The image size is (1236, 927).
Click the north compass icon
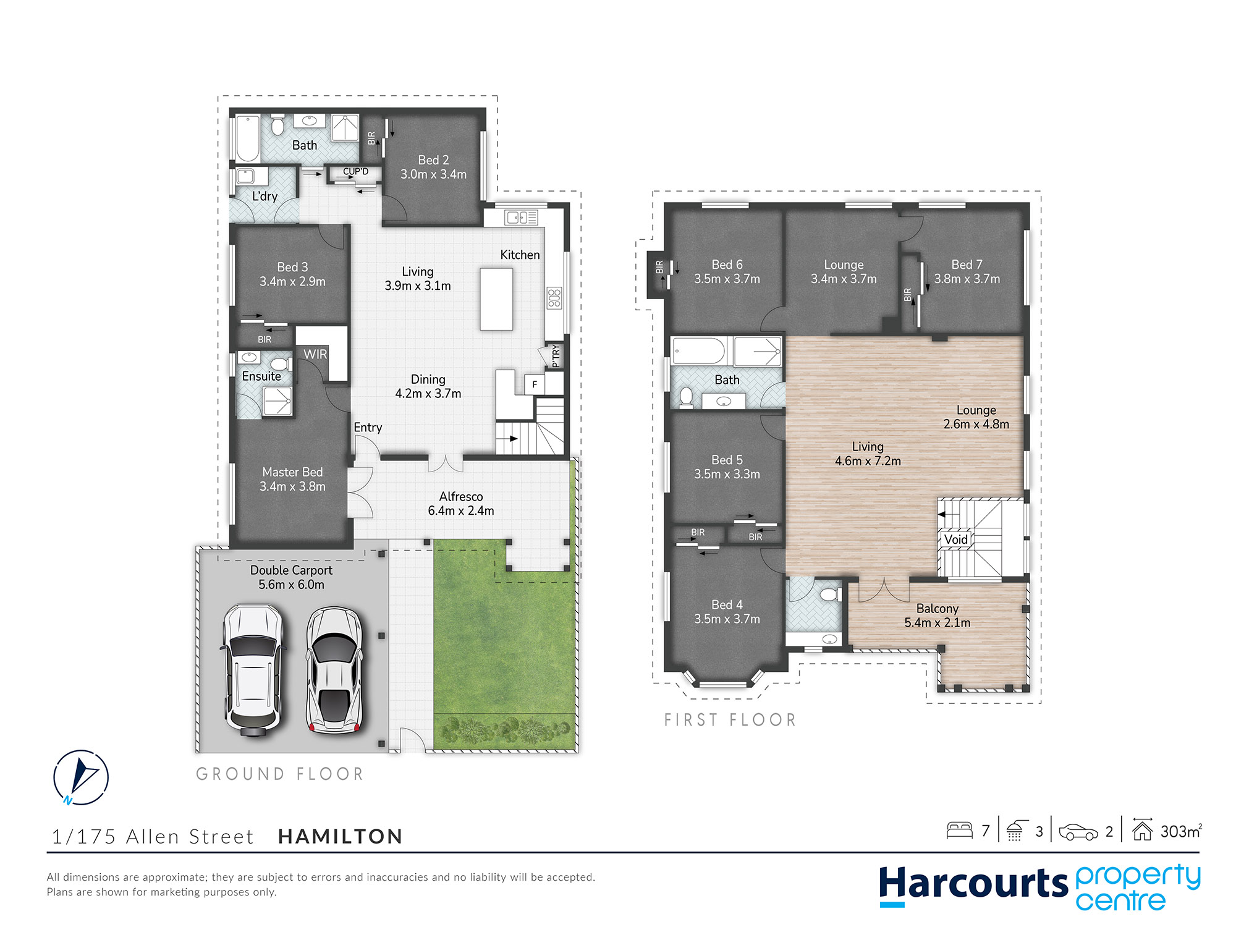81,777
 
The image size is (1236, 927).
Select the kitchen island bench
496,298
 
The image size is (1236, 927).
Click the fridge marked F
535,384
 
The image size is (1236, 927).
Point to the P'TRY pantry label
555,355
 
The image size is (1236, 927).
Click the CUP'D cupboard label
355,171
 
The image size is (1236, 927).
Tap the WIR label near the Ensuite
315,354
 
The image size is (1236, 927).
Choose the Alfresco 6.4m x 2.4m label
461,504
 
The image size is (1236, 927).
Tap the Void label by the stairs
955,540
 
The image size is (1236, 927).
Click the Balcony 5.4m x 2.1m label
938,616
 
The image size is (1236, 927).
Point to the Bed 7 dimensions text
967,279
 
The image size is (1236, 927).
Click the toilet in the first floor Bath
686,397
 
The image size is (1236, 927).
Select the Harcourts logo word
974,884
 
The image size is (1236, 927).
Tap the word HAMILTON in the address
341,837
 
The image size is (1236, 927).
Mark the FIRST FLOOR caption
730,720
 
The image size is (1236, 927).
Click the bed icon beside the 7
960,830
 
